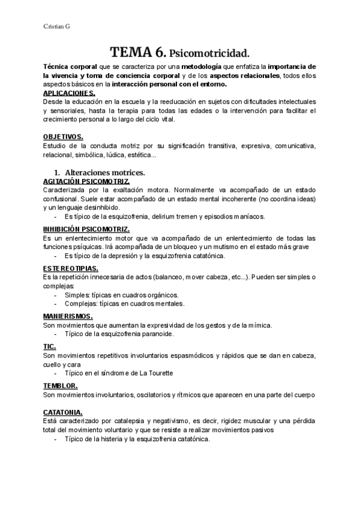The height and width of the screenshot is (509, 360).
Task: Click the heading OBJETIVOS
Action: coord(63,137)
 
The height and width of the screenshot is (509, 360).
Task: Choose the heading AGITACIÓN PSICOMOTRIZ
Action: coord(86,181)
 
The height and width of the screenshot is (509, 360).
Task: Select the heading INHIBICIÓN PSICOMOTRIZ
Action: coord(86,229)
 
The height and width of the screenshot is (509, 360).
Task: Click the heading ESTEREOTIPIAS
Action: coord(71,268)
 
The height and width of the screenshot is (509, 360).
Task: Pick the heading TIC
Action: coord(50,346)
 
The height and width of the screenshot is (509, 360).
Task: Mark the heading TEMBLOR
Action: coord(61,385)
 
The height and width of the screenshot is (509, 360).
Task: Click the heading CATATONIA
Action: coord(63,412)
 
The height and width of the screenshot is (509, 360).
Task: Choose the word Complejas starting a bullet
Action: coord(81,304)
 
